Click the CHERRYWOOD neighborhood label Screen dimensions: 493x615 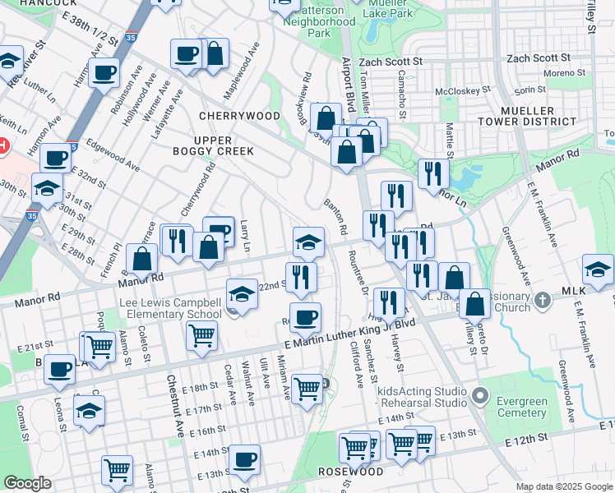233,116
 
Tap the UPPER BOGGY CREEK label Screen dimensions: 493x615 212,145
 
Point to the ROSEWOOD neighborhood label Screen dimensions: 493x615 349,472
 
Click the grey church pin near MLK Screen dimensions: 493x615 541,301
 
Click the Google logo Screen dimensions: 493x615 27,483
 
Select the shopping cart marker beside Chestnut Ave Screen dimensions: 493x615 201,334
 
